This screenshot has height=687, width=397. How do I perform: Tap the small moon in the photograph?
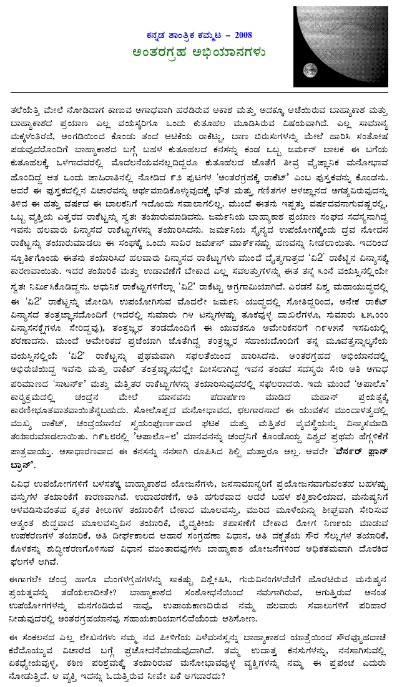308,70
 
